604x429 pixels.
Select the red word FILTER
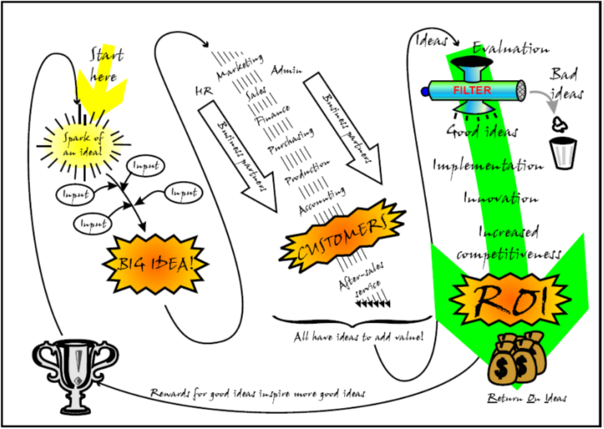click(473, 90)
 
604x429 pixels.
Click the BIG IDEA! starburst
click(155, 264)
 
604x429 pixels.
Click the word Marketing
click(239, 69)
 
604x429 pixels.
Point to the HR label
click(201, 91)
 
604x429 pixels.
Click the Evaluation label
click(510, 48)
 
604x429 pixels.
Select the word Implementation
click(487, 165)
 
